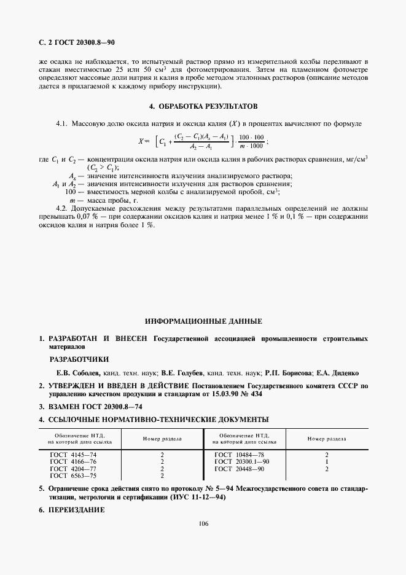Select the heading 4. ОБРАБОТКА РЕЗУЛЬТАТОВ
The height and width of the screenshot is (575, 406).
coord(202,106)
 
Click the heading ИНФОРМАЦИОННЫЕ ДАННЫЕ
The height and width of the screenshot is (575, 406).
coord(203,321)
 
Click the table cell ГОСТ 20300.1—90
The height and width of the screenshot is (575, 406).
coord(242,461)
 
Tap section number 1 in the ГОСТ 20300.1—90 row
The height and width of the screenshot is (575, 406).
coord(326,461)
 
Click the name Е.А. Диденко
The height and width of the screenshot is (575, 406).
coord(340,373)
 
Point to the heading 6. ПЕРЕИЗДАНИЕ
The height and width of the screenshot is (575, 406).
coord(72,510)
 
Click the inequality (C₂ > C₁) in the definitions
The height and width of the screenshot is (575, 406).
coord(103,167)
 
